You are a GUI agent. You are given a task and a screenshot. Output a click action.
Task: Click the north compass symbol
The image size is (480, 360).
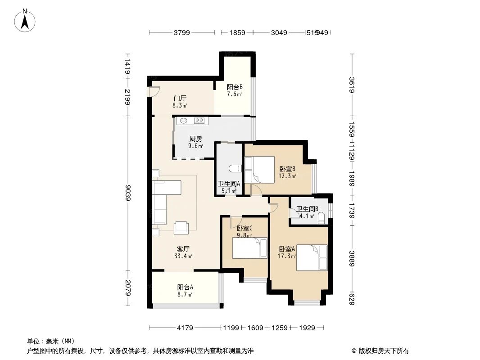[x=26, y=20]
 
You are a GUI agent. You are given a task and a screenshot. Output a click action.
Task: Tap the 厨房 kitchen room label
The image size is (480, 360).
[x=195, y=139]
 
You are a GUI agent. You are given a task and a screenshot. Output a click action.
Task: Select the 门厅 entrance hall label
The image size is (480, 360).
[x=180, y=98]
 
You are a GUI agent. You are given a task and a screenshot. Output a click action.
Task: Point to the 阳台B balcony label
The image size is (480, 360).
[x=235, y=87]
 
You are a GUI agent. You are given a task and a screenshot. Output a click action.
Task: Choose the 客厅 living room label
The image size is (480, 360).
[x=183, y=249]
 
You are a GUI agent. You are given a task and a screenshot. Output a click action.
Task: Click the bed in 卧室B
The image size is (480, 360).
[x=259, y=169]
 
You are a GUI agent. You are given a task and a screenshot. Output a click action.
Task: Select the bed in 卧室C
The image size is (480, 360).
[x=249, y=248]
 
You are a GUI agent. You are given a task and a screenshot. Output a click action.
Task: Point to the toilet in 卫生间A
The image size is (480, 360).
[x=234, y=169]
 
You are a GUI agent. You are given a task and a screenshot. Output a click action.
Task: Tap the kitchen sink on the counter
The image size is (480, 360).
[x=184, y=121]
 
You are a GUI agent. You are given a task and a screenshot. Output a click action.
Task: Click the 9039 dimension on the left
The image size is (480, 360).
[x=128, y=193]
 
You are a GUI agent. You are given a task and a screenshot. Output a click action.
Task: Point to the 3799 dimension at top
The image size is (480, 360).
[x=182, y=32]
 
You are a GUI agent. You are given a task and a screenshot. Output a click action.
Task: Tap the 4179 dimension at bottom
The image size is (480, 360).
[x=184, y=328]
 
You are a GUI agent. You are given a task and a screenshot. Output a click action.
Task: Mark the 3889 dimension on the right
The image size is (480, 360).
[x=352, y=259]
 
